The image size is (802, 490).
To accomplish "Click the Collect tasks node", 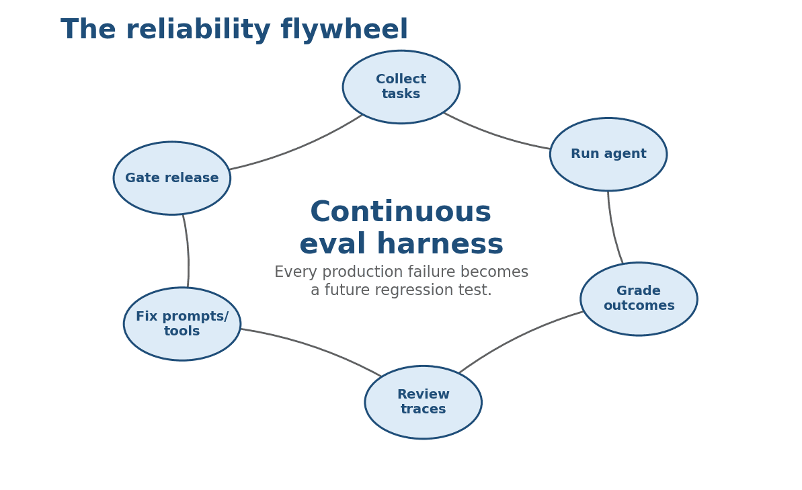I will pos(401,87).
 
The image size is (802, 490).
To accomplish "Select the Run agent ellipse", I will pos(608,155).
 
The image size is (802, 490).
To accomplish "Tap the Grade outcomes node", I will pos(639,299).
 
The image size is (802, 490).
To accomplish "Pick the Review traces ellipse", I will pos(424,403).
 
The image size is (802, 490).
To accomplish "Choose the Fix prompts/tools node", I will pos(182,324).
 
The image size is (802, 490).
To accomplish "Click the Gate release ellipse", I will pos(172,178).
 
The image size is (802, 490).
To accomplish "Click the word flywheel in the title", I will pos(344,30).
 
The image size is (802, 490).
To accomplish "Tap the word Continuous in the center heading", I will pos(401,212).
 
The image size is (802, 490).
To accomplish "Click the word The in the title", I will pos(87,30).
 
